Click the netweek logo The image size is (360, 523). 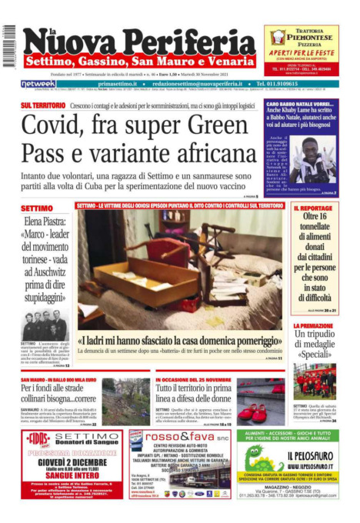(x=38, y=84)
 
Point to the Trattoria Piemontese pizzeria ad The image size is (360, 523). (x=301, y=49)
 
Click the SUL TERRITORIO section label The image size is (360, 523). (x=43, y=105)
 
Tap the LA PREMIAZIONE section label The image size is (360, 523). (x=313, y=326)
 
